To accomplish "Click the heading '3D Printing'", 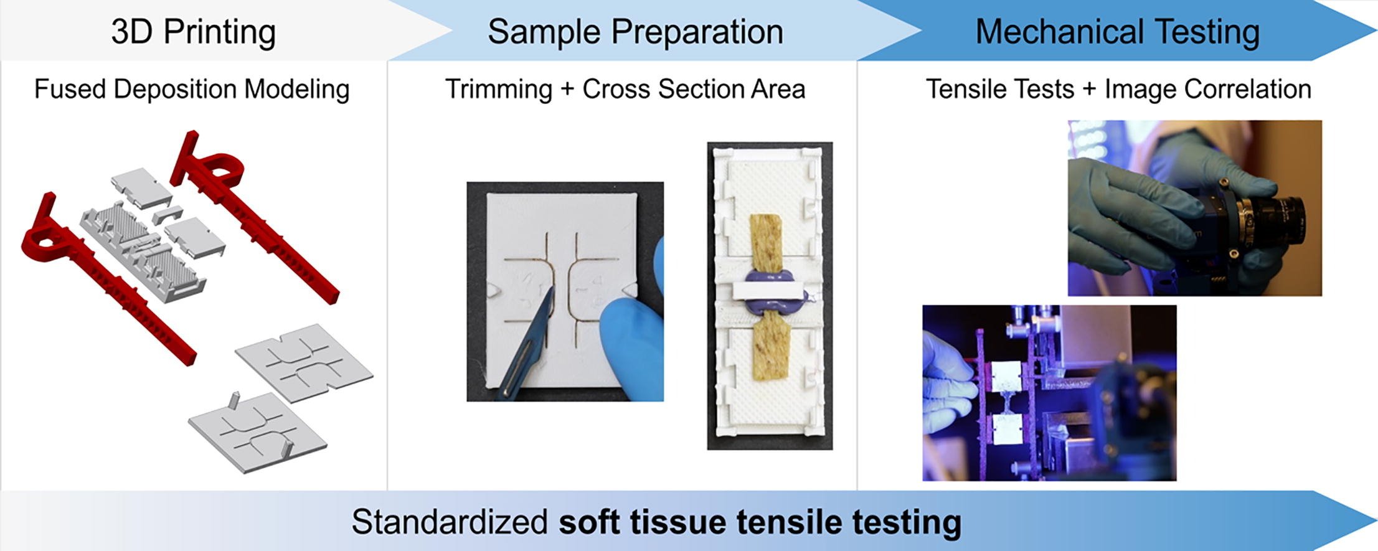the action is (x=193, y=32).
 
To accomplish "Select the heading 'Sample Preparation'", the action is (x=635, y=32).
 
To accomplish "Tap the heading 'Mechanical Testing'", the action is (x=1117, y=32).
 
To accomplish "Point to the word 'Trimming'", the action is (x=499, y=89).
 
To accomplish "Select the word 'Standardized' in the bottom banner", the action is (x=450, y=522).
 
